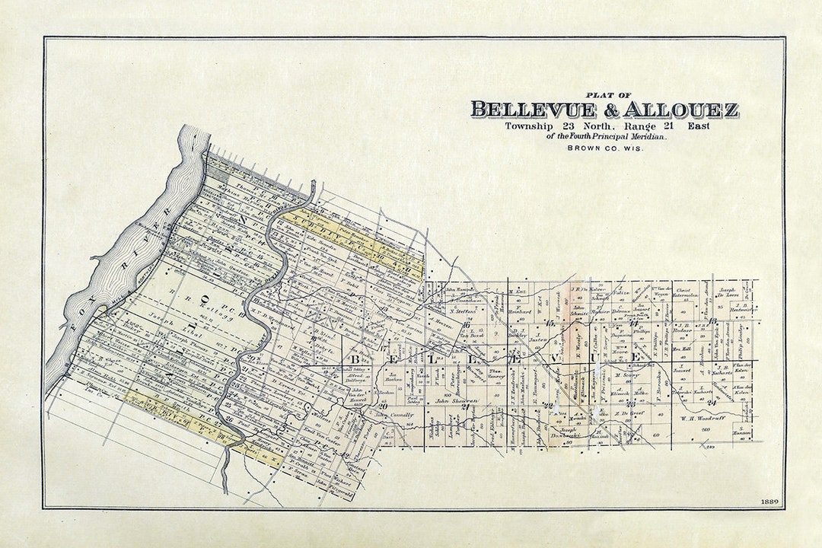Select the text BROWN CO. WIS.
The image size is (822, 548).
click(605, 148)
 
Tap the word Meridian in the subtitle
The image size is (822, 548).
click(646, 136)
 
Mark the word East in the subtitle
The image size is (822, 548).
click(698, 126)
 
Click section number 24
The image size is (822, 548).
click(712, 402)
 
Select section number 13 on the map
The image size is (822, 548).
click(713, 321)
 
